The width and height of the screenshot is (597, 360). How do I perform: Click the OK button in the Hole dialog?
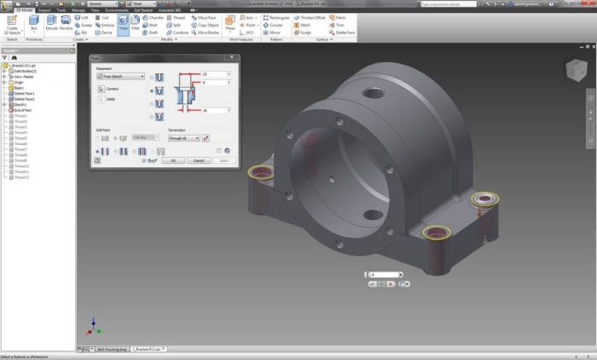point(173,160)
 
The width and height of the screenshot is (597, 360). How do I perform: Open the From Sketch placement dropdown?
point(120,76)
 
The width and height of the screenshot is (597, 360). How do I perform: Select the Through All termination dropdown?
point(184,137)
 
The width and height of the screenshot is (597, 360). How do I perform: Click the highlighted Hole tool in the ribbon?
point(123,22)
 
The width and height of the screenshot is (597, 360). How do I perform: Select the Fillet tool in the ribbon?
point(135,22)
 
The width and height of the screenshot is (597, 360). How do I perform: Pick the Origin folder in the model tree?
point(18,82)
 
